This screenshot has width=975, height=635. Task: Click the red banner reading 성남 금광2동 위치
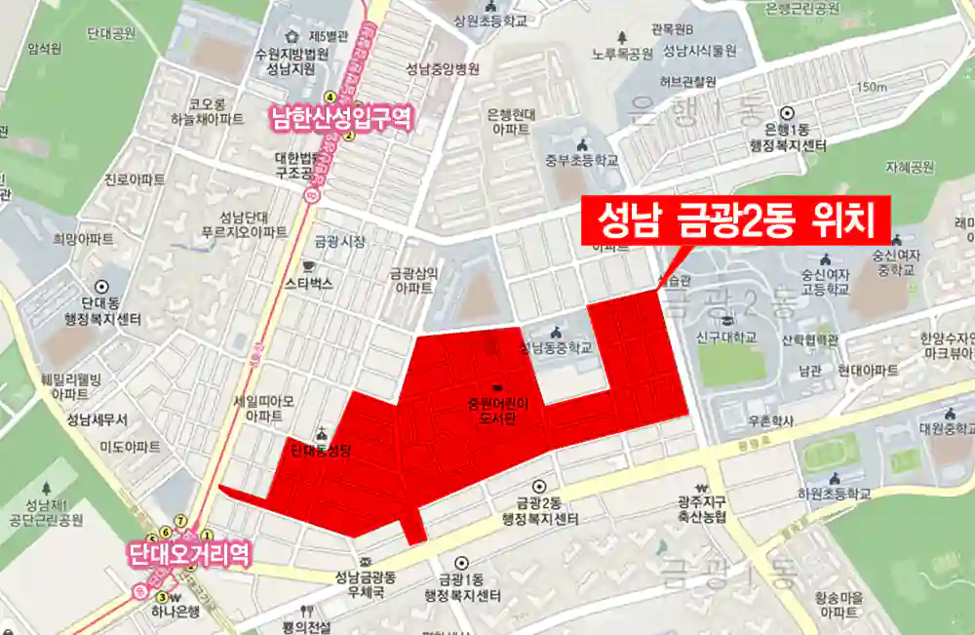tap(736, 221)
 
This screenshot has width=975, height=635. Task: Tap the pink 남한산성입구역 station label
tap(341, 120)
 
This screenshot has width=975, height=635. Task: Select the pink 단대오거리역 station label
tap(190, 555)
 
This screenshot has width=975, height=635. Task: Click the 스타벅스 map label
tap(309, 284)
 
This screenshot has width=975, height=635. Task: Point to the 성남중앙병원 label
tap(444, 69)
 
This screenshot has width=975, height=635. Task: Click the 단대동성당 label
tap(321, 451)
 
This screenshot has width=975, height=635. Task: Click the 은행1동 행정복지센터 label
tap(788, 138)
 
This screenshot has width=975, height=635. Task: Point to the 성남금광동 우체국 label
tap(367, 583)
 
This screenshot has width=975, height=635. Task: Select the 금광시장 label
tap(339, 240)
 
